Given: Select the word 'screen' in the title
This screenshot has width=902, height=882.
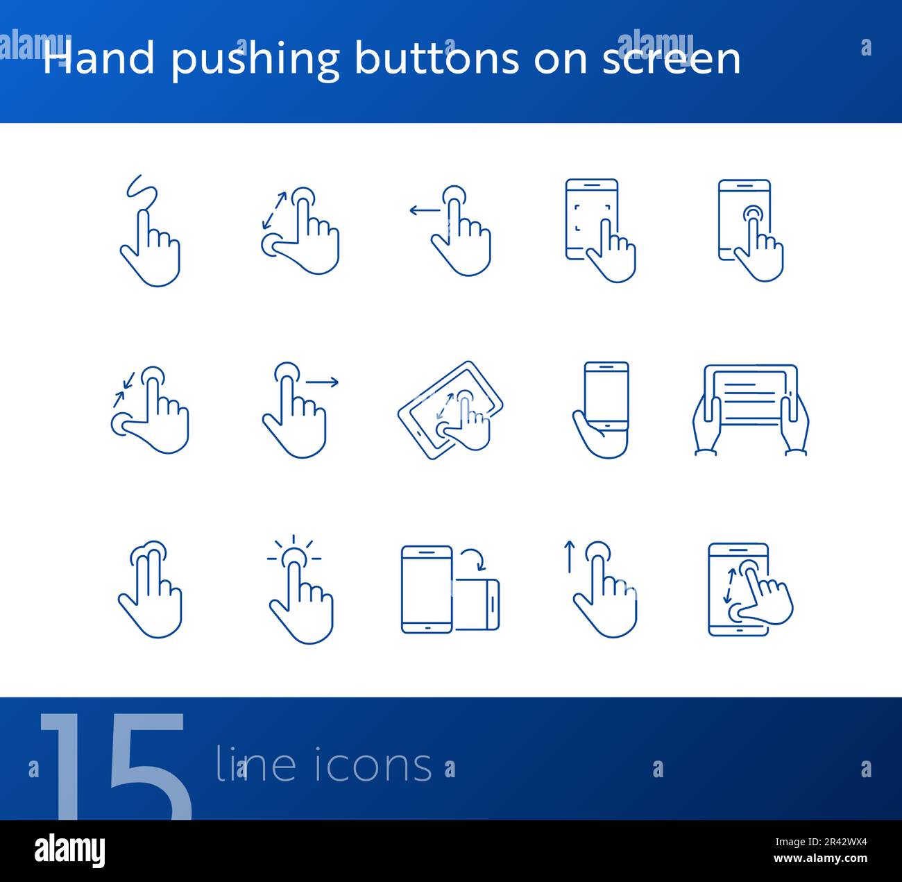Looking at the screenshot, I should coord(671,60).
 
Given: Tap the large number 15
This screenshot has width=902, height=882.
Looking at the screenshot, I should coord(115,763).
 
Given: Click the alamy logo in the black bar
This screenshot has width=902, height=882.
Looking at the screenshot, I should coord(70,850).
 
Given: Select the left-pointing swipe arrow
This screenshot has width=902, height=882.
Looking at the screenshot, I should coord(423,210).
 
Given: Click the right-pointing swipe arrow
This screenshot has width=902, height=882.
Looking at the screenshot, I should coord(323,381).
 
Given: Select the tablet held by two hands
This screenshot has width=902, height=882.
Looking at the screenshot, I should coord(751,409).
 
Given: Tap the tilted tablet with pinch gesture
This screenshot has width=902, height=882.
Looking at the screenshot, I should coord(451,410).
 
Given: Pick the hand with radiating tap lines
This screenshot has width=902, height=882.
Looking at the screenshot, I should coord(298,590).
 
